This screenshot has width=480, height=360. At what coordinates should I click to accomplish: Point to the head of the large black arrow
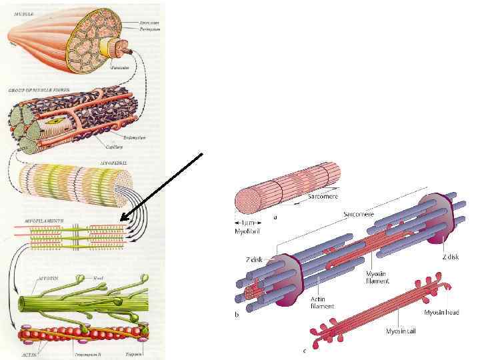click(123, 219)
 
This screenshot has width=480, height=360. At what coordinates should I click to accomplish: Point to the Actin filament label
click(322, 303)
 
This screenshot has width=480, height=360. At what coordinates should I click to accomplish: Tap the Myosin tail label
click(401, 331)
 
